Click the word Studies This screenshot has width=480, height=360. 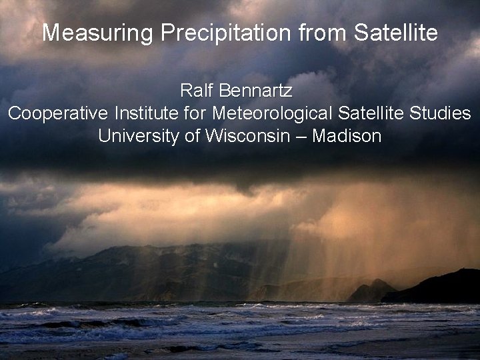(440, 113)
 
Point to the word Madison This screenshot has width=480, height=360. (347, 136)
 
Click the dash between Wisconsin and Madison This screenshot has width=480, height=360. (301, 137)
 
